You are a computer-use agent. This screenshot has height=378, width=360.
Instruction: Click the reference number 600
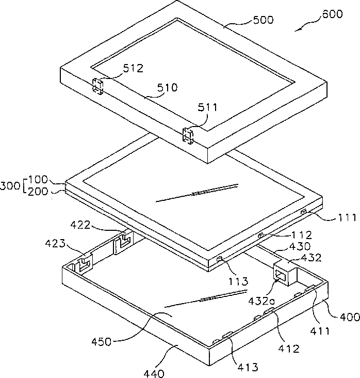click(332, 14)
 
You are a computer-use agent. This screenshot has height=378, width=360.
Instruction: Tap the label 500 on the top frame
click(263, 20)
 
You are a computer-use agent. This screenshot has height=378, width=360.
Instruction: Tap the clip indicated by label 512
click(98, 86)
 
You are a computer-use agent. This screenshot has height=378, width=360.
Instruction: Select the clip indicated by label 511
click(188, 137)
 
